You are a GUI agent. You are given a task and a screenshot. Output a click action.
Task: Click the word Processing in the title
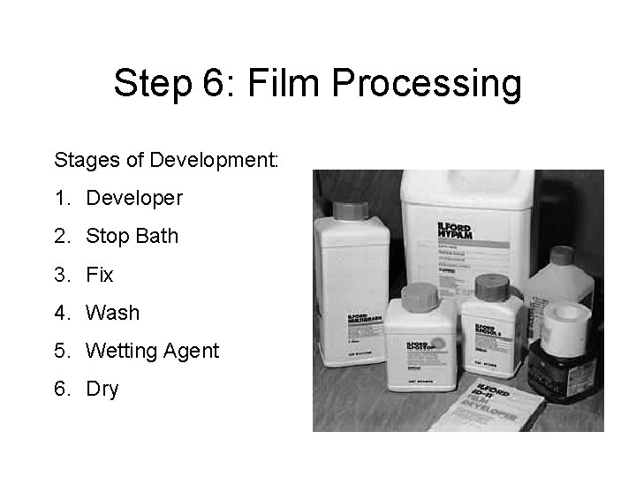pyautogui.click(x=429, y=84)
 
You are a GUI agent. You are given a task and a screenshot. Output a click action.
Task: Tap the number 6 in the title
pyautogui.click(x=215, y=84)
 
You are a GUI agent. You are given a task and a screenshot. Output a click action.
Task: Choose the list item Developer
pyautogui.click(x=134, y=198)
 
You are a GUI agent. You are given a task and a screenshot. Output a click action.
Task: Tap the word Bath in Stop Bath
pyautogui.click(x=158, y=236)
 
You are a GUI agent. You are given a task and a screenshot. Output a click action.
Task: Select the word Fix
pyautogui.click(x=100, y=275)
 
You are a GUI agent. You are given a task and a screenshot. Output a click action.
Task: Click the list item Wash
pyautogui.click(x=113, y=313)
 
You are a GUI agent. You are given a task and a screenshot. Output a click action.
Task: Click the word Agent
pyautogui.click(x=192, y=351)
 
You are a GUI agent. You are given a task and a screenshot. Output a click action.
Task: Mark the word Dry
pyautogui.click(x=102, y=389)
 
